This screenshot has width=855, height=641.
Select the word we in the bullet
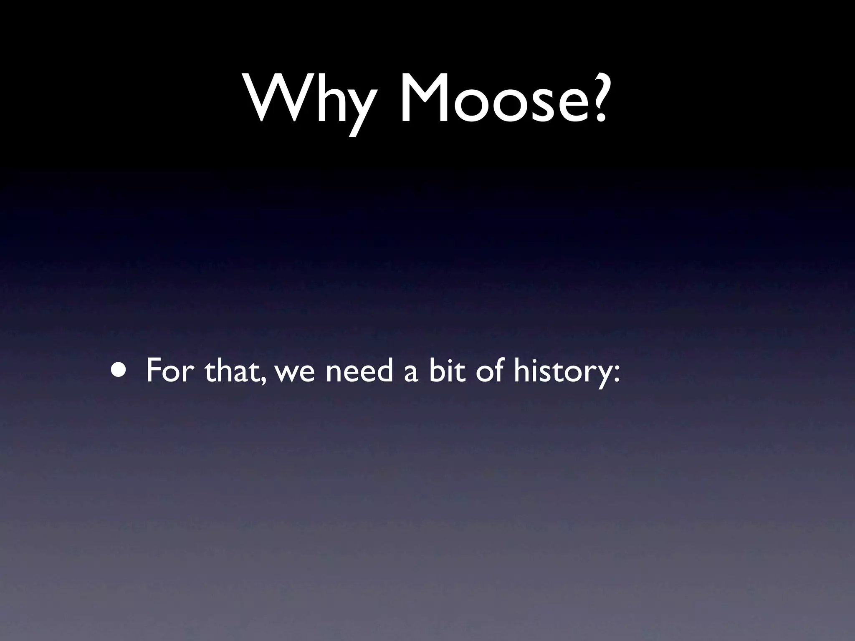coord(295,374)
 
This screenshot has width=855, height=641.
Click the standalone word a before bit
coord(411,374)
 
